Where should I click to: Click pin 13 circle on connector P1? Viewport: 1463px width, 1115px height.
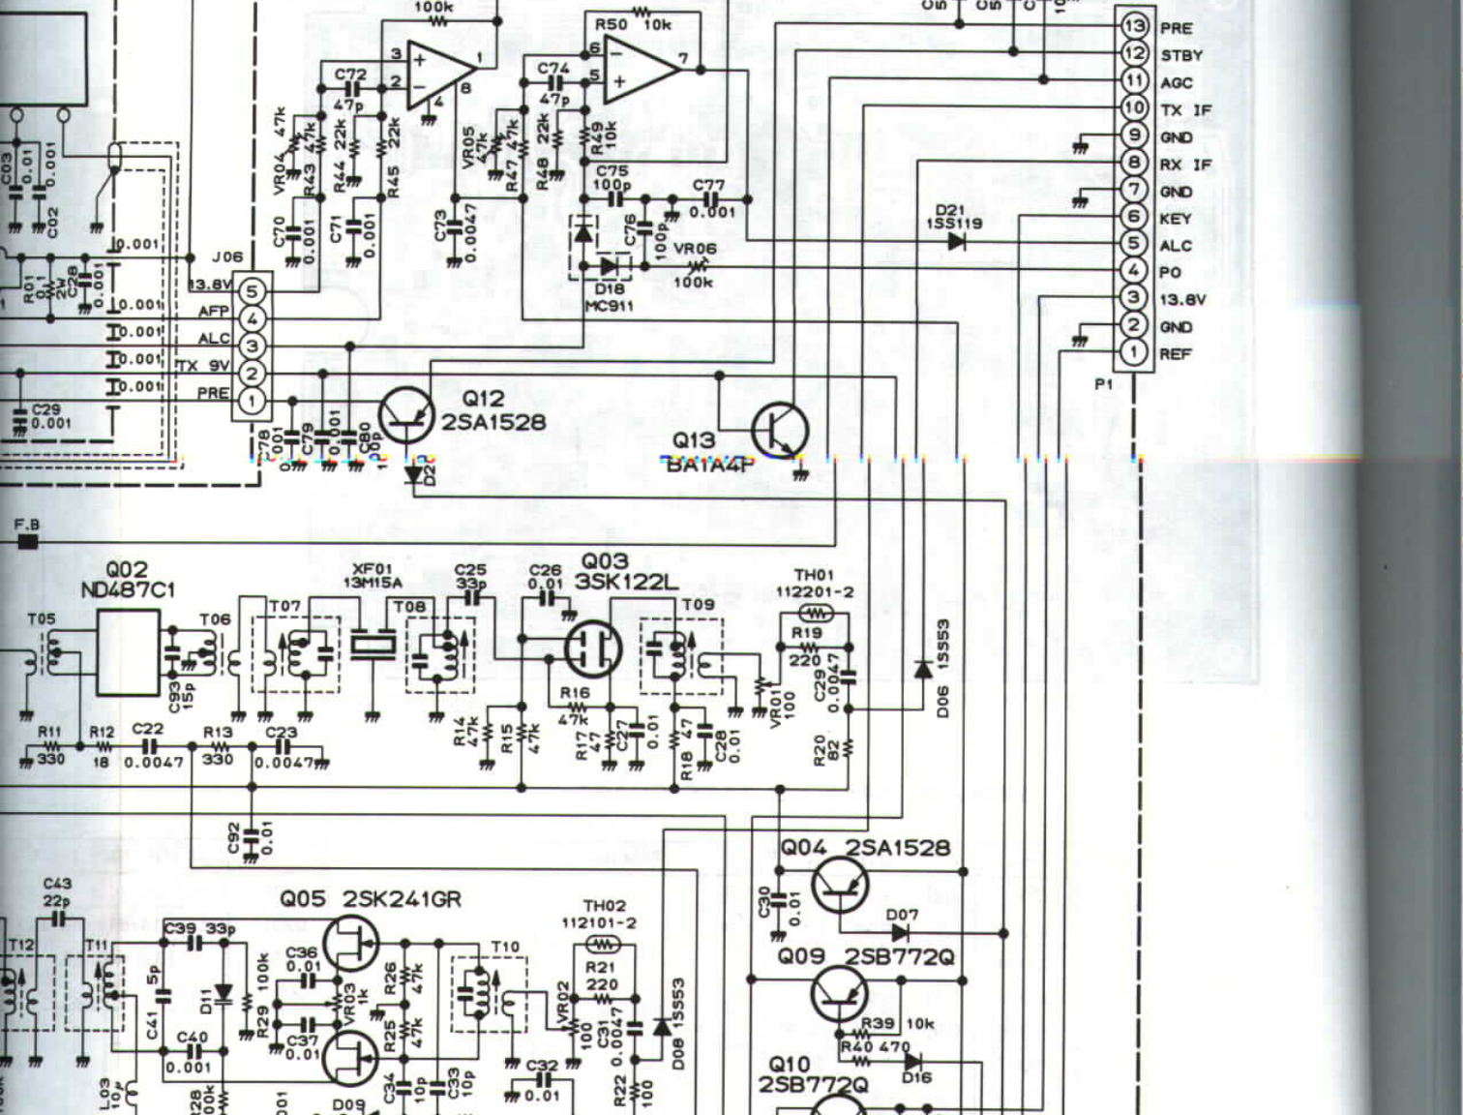coord(1134,26)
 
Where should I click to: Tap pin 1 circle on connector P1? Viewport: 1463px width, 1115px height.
coord(1134,352)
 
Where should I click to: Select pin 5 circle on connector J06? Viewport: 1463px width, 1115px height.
coord(252,290)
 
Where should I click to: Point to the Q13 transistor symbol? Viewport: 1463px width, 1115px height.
coord(780,429)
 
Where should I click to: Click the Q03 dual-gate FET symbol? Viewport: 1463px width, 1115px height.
coord(592,648)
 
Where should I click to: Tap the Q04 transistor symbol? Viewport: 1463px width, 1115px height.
coord(839,885)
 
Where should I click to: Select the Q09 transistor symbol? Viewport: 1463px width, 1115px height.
coord(839,993)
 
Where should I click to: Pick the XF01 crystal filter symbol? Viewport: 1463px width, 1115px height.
coord(373,645)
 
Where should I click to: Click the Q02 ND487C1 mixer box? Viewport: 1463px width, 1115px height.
coord(128,652)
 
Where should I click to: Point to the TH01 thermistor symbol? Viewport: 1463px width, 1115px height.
coord(815,613)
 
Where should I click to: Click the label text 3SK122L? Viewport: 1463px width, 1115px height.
coord(626,582)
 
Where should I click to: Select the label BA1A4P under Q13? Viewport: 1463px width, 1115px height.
coord(709,464)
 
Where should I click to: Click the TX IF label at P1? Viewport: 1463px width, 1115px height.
coord(1185,110)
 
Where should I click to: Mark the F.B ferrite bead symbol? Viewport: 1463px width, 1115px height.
coord(28,541)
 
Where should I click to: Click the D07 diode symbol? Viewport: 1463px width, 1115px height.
coord(900,933)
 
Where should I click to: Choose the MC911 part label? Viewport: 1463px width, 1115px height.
coord(610,306)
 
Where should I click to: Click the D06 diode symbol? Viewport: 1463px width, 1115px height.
coord(923,669)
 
